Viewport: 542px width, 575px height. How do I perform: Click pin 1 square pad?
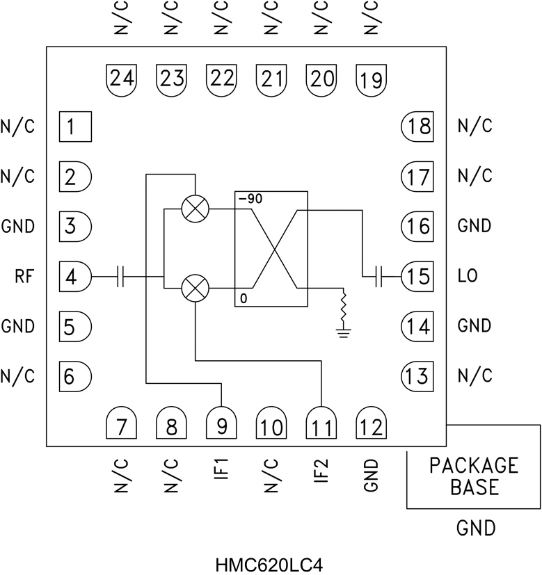[75, 127]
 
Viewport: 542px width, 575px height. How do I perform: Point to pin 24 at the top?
[122, 78]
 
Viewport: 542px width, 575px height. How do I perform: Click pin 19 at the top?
[371, 78]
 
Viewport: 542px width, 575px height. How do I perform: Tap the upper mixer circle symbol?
[194, 208]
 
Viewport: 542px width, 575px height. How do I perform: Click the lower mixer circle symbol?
[194, 288]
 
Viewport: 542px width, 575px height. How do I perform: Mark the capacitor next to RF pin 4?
[121, 277]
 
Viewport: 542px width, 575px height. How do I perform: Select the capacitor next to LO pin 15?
[378, 277]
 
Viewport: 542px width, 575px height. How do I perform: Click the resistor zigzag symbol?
[342, 305]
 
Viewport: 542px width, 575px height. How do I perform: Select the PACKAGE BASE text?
[474, 476]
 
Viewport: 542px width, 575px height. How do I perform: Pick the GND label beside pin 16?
[475, 226]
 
